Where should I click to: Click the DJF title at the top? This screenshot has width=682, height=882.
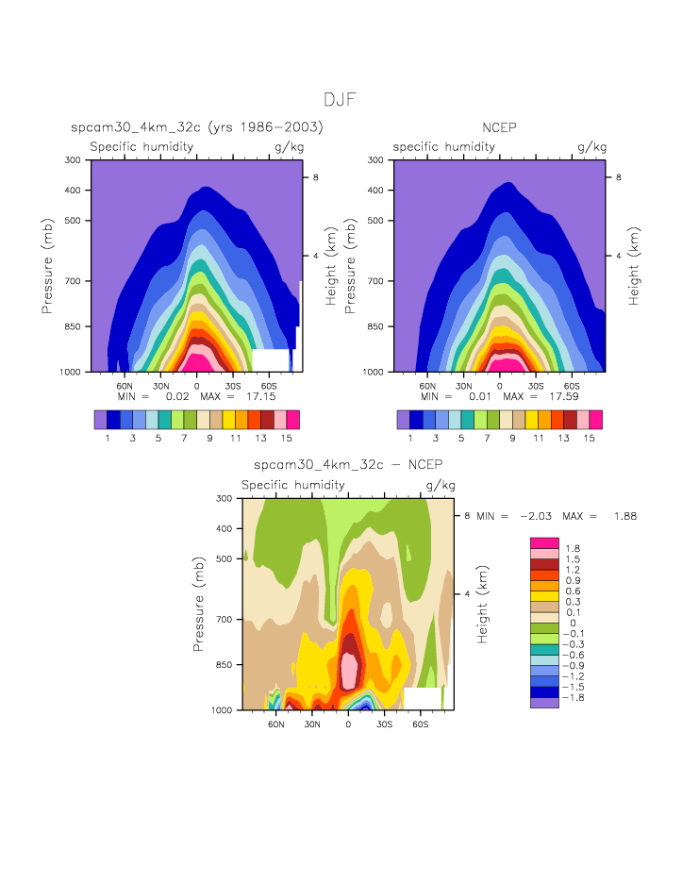[340, 100]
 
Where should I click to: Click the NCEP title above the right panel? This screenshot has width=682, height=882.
[499, 127]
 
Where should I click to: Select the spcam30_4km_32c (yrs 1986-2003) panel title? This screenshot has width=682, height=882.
[197, 127]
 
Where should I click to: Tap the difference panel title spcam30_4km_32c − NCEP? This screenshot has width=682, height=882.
[348, 465]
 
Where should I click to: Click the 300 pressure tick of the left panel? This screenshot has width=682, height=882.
[73, 160]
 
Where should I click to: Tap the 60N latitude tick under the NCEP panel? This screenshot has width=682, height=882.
[427, 386]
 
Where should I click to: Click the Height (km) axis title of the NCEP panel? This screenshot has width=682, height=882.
[635, 265]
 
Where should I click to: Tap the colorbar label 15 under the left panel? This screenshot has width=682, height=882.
[292, 439]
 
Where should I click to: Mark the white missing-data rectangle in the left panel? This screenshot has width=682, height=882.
[271, 359]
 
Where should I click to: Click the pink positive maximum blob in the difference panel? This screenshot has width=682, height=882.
[350, 668]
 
